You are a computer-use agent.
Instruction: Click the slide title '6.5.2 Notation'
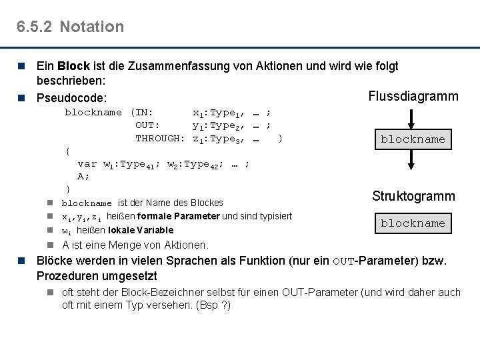point(71,27)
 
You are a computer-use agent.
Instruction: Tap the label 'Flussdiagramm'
point(413,96)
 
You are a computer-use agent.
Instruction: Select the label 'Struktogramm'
point(413,196)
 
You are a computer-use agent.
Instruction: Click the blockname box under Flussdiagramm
point(413,140)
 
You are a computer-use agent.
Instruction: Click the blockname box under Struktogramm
point(413,223)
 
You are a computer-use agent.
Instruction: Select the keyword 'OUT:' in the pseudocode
point(147,125)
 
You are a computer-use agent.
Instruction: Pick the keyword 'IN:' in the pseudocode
point(145,112)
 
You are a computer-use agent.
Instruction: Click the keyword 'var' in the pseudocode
point(87,163)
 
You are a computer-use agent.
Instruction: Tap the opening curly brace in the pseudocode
point(67,151)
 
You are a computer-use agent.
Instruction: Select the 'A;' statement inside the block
point(83,176)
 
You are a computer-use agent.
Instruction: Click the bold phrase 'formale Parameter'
point(179,216)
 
